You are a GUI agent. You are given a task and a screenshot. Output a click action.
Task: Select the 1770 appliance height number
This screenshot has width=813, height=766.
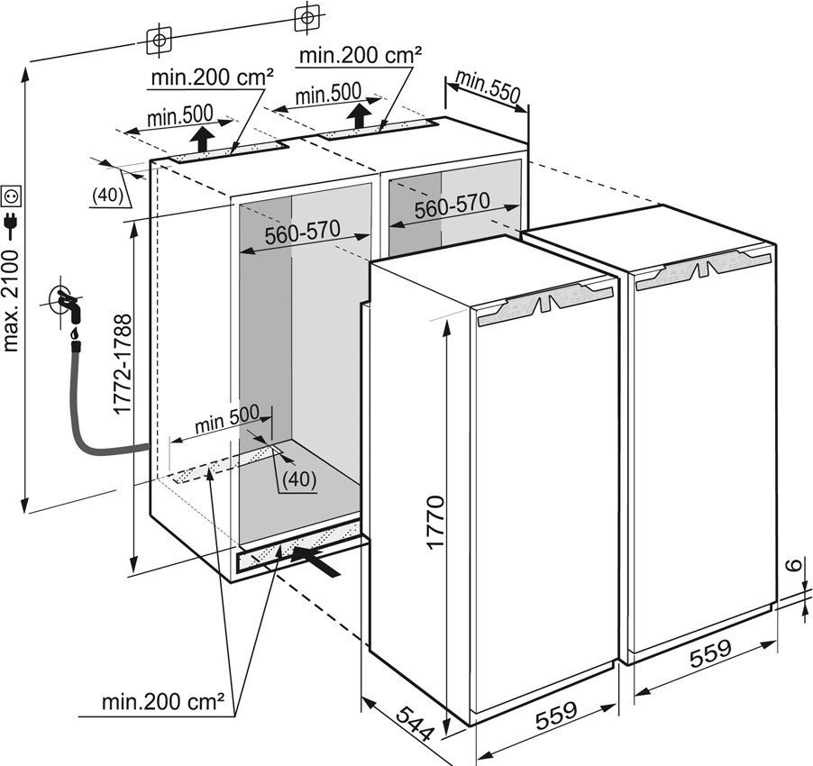(436, 522)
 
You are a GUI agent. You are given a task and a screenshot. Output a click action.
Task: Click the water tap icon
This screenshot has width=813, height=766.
(69, 305)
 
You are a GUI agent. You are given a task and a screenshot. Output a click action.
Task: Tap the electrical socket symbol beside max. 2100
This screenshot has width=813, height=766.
(13, 195)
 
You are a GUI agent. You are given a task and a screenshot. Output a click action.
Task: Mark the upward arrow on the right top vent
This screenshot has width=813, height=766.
(360, 114)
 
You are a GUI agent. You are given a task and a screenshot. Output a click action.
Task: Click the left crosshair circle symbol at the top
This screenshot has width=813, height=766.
(159, 40)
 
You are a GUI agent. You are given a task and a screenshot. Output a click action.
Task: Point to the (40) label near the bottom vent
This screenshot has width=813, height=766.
(298, 480)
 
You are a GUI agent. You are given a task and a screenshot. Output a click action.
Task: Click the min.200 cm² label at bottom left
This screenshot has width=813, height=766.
(162, 701)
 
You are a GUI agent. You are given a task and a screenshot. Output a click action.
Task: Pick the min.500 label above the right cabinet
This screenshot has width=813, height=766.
(328, 92)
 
